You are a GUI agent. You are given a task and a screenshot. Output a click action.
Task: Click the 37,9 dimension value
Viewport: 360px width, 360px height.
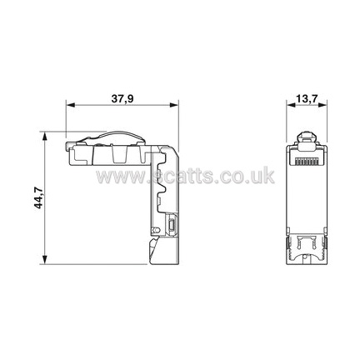coord(122,99)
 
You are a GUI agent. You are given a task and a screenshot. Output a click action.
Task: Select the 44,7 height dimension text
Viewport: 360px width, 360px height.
coord(38,198)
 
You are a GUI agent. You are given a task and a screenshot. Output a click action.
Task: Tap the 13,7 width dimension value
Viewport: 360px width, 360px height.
coord(307,99)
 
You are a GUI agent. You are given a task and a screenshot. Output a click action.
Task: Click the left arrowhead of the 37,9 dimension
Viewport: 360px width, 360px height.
coord(71,105)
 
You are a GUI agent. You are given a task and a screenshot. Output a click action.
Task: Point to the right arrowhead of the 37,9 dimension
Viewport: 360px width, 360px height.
coord(174,105)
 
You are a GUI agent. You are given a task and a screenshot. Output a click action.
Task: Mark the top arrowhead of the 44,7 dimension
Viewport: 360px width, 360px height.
coord(44,137)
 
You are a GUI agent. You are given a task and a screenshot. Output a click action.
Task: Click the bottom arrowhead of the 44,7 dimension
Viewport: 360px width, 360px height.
coord(44,259)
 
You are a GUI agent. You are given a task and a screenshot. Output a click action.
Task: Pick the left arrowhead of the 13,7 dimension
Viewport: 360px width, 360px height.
coord(291,105)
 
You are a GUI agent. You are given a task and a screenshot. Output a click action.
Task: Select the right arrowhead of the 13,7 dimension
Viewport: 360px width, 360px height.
coord(322,105)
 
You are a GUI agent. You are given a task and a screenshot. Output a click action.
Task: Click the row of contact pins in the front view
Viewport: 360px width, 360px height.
coord(307,161)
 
